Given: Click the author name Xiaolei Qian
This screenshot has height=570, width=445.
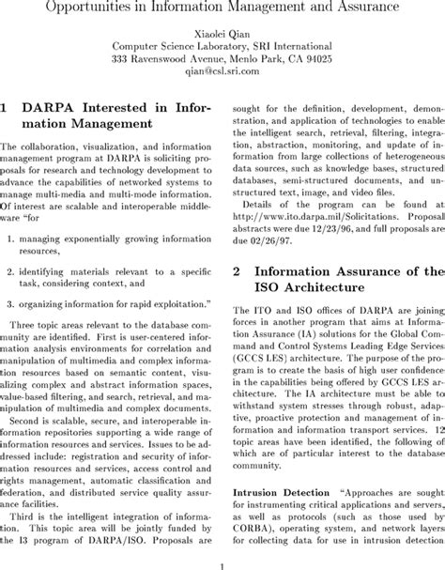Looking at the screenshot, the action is pos(222,31).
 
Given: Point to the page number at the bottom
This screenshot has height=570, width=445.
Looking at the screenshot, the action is pos(222,563).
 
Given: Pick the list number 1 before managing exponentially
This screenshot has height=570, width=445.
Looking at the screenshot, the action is pos(10,239).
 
